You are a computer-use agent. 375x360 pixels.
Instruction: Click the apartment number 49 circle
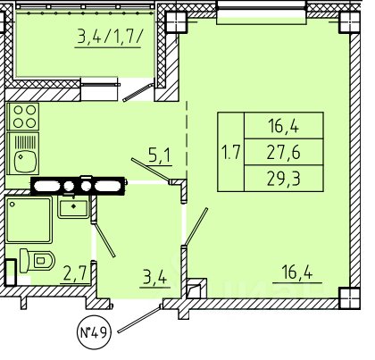pyautogui.click(x=94, y=332)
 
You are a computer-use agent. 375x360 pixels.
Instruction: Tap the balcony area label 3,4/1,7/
pyautogui.click(x=108, y=38)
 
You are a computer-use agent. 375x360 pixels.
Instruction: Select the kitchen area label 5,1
pyautogui.click(x=160, y=156)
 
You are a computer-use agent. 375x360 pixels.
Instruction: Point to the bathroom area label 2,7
pyautogui.click(x=75, y=274)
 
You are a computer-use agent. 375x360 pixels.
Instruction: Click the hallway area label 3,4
pyautogui.click(x=154, y=279)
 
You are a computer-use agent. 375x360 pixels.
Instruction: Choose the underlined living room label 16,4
pyautogui.click(x=296, y=273)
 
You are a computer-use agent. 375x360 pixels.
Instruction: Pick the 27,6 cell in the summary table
pyautogui.click(x=284, y=152)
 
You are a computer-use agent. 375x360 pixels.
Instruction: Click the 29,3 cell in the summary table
pyautogui.click(x=284, y=178)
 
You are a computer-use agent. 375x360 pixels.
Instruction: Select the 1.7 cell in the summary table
pyautogui.click(x=231, y=152)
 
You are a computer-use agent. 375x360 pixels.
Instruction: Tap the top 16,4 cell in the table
pyautogui.click(x=284, y=126)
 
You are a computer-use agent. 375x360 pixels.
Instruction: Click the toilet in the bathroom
pyautogui.click(x=37, y=261)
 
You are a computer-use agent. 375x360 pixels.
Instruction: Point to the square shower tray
pyautogui.click(x=29, y=220)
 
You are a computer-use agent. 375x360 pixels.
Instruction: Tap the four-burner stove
pyautogui.click(x=23, y=116)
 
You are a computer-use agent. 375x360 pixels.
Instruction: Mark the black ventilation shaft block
pyautogui.click(x=78, y=186)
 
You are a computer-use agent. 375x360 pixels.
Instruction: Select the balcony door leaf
pyautogui.click(x=138, y=93)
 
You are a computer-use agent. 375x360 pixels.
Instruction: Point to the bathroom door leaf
pyautogui.click(x=104, y=239)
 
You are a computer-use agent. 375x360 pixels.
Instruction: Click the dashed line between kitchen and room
pyautogui.click(x=187, y=139)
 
